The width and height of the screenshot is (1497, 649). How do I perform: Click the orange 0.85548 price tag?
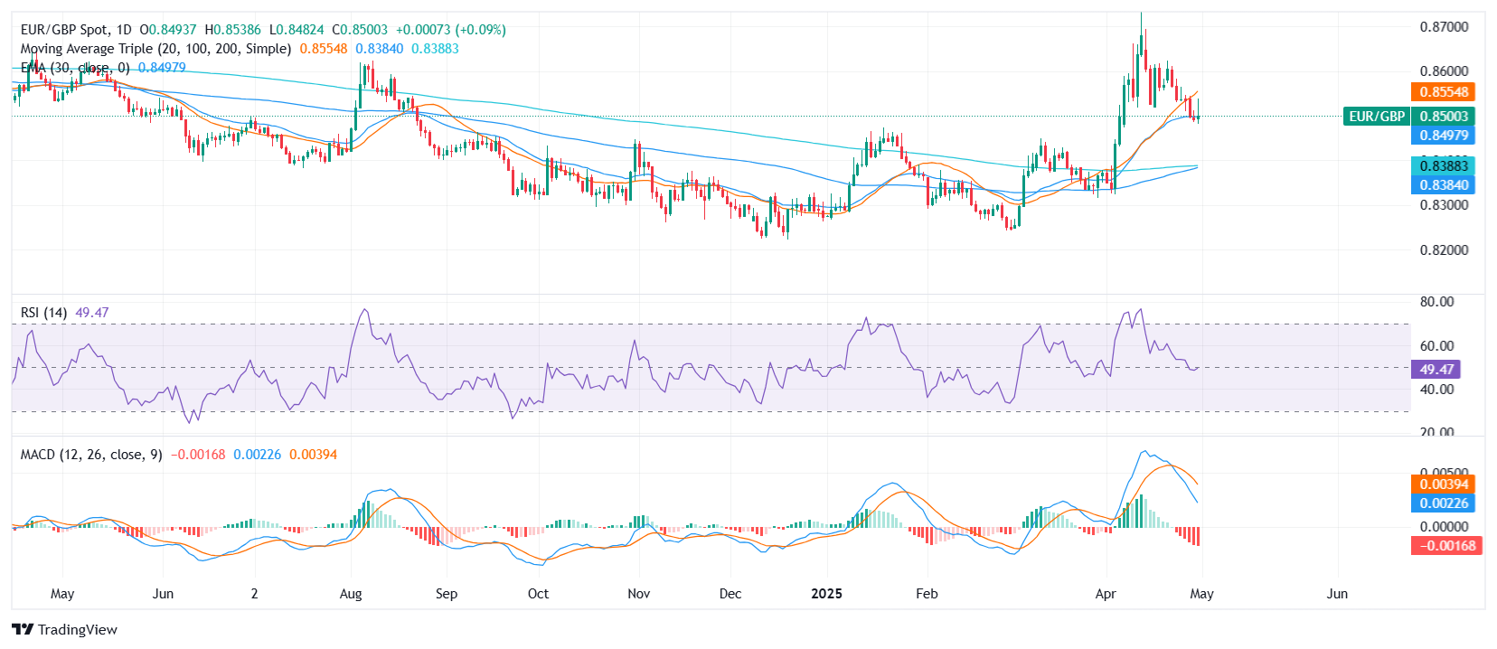pyautogui.click(x=1443, y=92)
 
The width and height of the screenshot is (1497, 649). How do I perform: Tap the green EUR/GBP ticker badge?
pyautogui.click(x=1376, y=117)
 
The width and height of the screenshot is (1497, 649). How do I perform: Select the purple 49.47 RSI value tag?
pyautogui.click(x=1436, y=370)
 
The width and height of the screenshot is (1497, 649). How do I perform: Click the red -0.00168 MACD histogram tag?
pyautogui.click(x=1446, y=546)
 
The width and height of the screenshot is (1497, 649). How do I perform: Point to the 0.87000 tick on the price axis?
pyautogui.click(x=1444, y=27)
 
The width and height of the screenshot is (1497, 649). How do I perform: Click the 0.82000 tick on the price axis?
pyautogui.click(x=1444, y=250)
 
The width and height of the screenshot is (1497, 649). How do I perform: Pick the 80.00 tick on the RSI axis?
pyautogui.click(x=1436, y=302)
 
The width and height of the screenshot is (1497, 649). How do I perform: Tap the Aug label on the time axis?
pyautogui.click(x=351, y=594)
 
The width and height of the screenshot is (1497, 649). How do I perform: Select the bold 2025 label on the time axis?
pyautogui.click(x=826, y=594)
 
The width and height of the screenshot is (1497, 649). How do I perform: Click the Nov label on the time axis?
pyautogui.click(x=638, y=594)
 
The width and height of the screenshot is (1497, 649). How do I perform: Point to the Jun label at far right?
pyautogui.click(x=1336, y=594)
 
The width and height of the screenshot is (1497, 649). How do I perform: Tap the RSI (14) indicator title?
pyautogui.click(x=43, y=313)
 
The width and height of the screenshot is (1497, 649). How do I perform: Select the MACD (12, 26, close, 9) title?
pyautogui.click(x=91, y=455)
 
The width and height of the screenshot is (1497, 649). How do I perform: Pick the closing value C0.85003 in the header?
pyautogui.click(x=360, y=30)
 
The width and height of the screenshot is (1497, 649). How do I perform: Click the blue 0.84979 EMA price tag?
pyautogui.click(x=1443, y=136)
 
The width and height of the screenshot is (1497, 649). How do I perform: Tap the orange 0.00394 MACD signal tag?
pyautogui.click(x=1443, y=484)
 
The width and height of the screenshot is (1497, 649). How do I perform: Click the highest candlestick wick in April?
pyautogui.click(x=1141, y=18)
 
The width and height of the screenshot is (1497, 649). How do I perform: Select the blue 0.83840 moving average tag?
pyautogui.click(x=1443, y=185)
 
